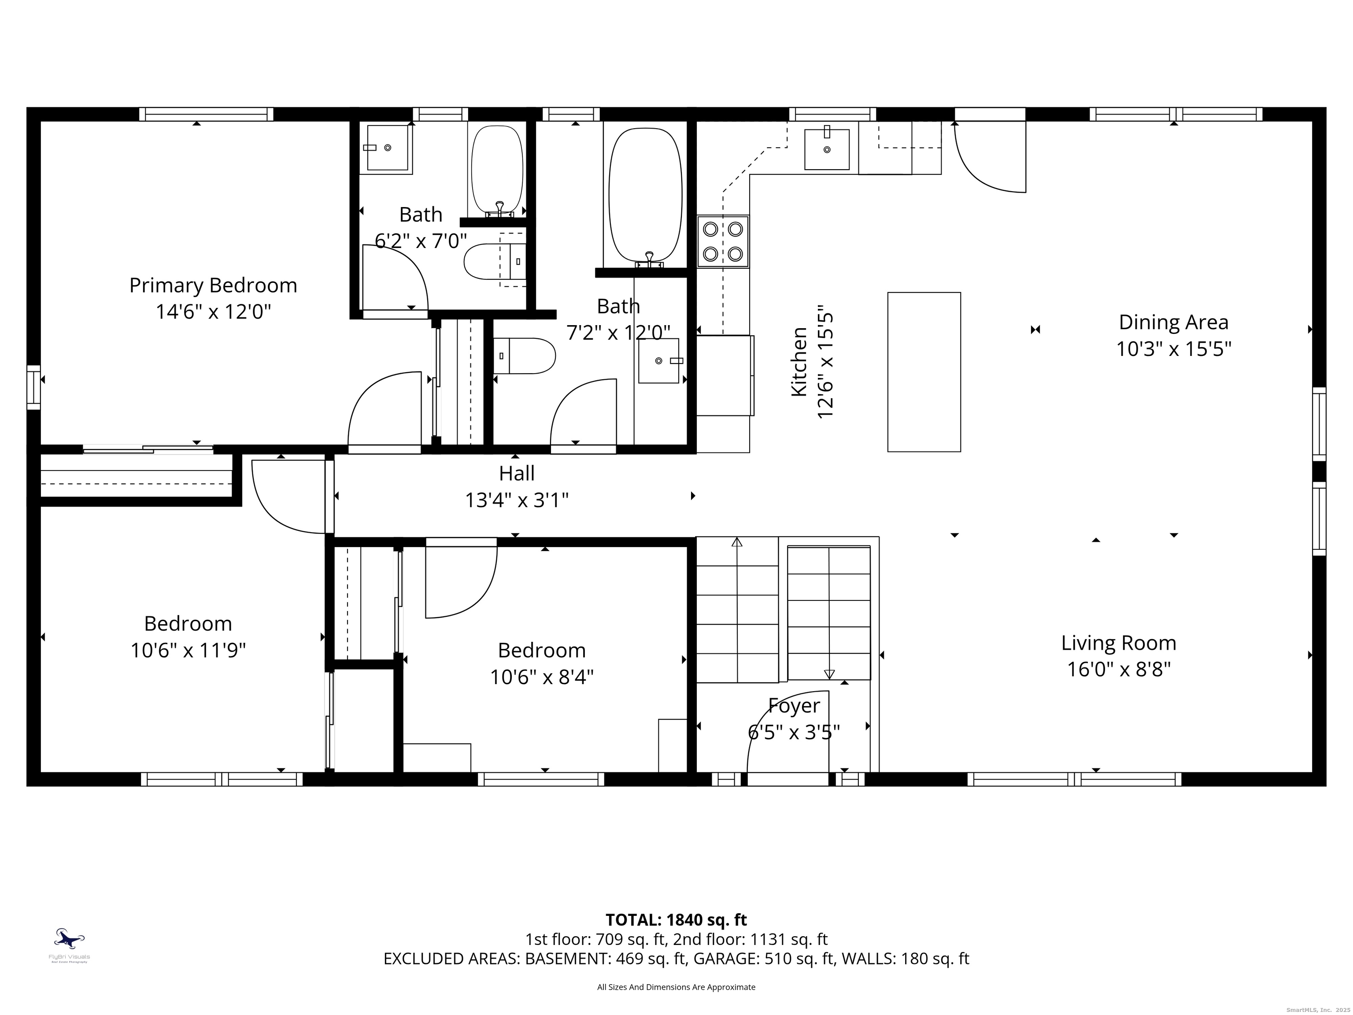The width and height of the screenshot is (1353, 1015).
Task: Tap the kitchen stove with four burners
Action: (x=723, y=241)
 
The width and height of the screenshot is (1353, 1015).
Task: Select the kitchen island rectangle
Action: (x=924, y=372)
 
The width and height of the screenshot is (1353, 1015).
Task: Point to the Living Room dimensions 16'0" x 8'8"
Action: (x=1119, y=669)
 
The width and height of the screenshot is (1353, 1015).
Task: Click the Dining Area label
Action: (x=1173, y=322)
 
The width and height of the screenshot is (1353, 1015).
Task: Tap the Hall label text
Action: (x=517, y=473)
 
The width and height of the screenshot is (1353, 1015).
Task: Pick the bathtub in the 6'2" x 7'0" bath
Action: (x=497, y=170)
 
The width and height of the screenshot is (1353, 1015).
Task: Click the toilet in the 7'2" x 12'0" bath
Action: (x=524, y=356)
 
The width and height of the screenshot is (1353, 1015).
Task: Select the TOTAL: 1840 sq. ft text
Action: (x=676, y=919)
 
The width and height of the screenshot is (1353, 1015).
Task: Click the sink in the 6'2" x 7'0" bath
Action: (x=387, y=148)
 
